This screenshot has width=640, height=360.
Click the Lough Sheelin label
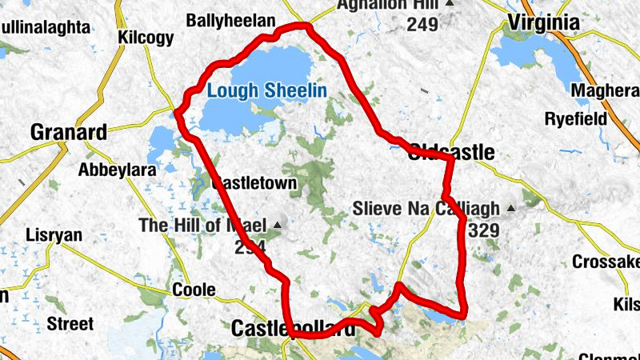point(266,90)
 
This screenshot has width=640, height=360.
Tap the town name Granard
point(68,132)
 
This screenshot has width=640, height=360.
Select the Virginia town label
point(543,22)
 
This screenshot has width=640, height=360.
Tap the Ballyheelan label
point(230,20)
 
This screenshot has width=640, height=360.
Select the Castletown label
point(254,183)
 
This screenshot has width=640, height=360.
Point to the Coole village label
point(194,289)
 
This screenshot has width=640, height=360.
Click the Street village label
point(70,324)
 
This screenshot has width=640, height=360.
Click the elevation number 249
point(422,24)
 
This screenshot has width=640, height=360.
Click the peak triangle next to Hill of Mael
point(278,224)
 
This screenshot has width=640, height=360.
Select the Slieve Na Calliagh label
point(426,210)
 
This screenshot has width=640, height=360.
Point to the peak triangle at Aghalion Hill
point(449,3)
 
